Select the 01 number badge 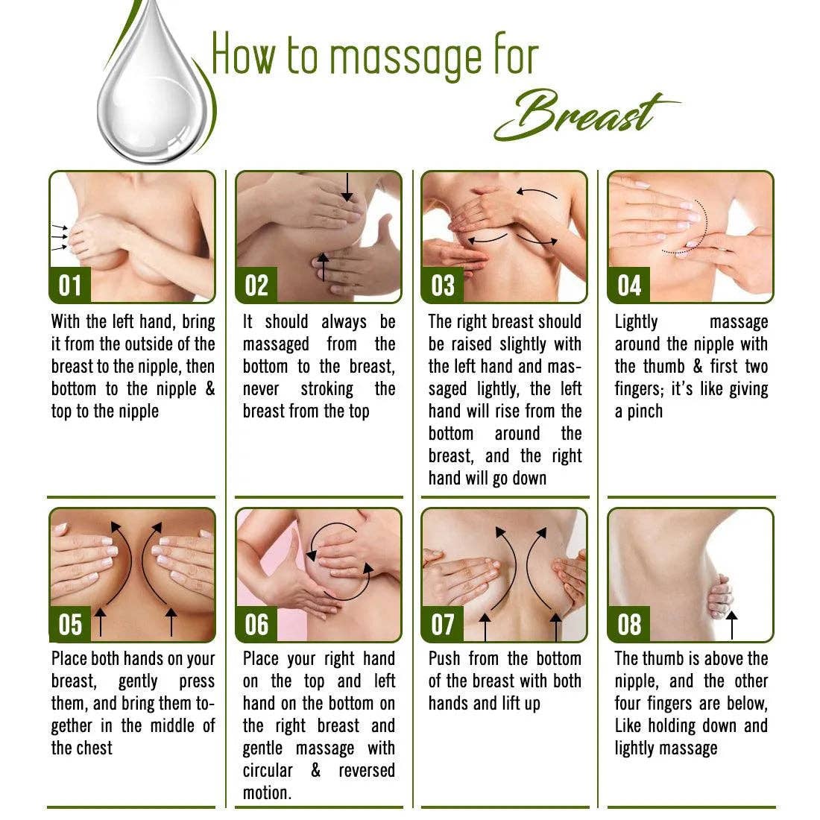point(69,286)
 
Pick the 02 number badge point(256,286)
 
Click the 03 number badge point(442,286)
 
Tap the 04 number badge point(628,286)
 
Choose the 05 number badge point(69,624)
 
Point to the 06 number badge point(256,624)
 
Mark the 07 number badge point(442,624)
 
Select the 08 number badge point(628,624)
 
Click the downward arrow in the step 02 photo point(347,188)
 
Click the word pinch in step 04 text point(645,411)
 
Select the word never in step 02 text point(261,389)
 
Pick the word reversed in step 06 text point(367,771)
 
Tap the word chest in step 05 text point(95,748)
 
